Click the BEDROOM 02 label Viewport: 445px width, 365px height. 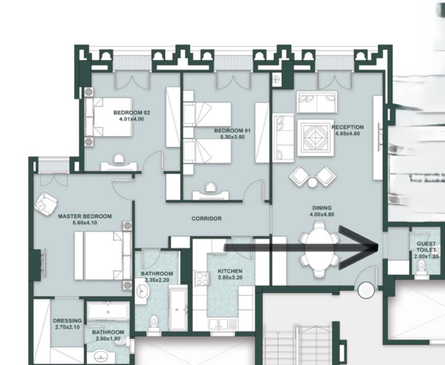tap(132, 112)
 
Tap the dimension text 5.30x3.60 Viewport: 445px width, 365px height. tap(232, 137)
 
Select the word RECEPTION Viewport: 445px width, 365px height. tap(347, 127)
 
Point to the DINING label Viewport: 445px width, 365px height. tap(322, 208)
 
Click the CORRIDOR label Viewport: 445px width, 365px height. tap(206, 219)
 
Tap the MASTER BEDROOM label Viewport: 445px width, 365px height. tap(85, 216)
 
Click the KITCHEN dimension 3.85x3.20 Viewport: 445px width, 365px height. tap(230, 278)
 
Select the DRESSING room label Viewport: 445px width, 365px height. tap(67, 321)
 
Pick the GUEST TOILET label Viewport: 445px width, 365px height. tap(426, 247)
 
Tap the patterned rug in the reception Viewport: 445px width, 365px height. tap(315, 138)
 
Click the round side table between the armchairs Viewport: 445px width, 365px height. tap(312, 183)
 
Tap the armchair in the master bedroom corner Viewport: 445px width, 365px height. tap(46, 204)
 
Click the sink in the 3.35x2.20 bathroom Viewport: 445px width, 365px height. tap(143, 291)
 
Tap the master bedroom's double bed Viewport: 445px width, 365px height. tap(103, 256)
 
